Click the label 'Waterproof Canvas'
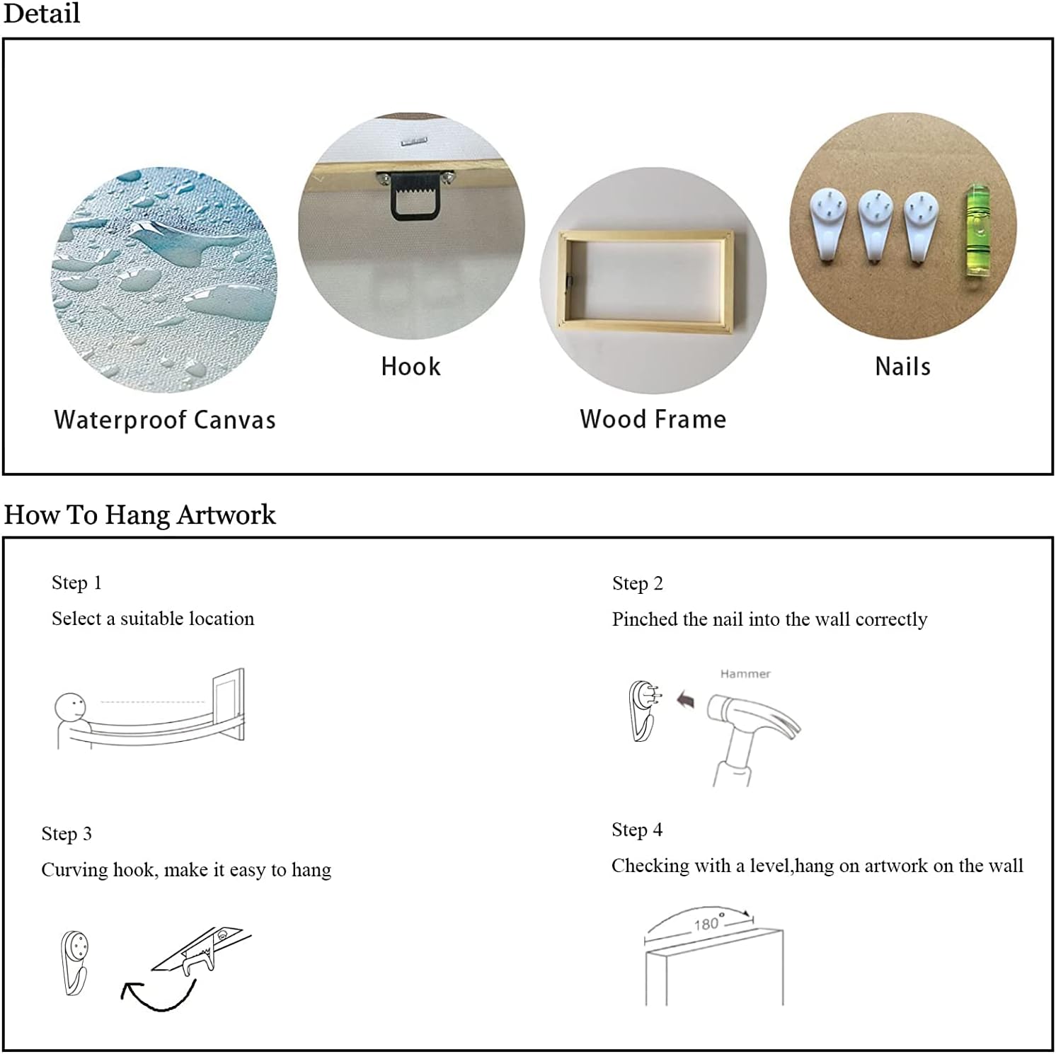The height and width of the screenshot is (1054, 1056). point(165,420)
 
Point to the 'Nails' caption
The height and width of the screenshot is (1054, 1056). point(902,367)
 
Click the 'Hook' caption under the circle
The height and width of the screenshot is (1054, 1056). point(411,367)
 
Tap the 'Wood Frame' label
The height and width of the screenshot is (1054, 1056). point(653,419)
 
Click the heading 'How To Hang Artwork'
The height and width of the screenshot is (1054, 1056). point(139,515)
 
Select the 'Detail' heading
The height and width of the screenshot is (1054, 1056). point(42,13)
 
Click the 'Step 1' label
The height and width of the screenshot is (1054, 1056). point(76,583)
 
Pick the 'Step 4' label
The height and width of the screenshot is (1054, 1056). point(637,830)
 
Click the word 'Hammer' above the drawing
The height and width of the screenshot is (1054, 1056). point(745,674)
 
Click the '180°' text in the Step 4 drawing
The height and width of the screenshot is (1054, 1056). point(707,923)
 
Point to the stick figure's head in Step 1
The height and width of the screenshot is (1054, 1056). point(70,707)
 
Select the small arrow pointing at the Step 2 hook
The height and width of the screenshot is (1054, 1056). point(685,701)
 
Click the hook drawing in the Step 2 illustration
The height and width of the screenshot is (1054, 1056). point(643,710)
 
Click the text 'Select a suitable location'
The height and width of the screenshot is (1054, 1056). point(153,619)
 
